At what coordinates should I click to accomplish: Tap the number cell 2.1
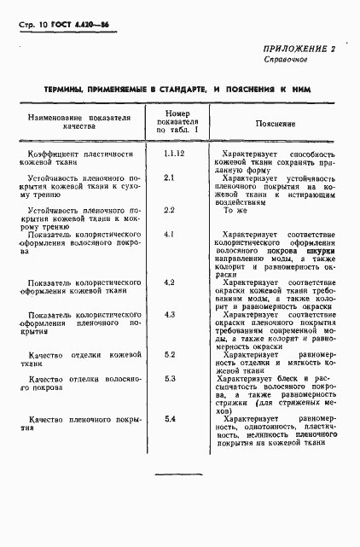(169, 177)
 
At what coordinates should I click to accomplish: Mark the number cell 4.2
(169, 282)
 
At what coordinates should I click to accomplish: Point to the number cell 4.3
(169, 314)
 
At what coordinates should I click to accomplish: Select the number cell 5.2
(169, 353)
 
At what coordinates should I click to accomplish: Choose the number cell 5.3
(169, 378)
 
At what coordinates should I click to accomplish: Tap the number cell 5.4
(169, 418)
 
